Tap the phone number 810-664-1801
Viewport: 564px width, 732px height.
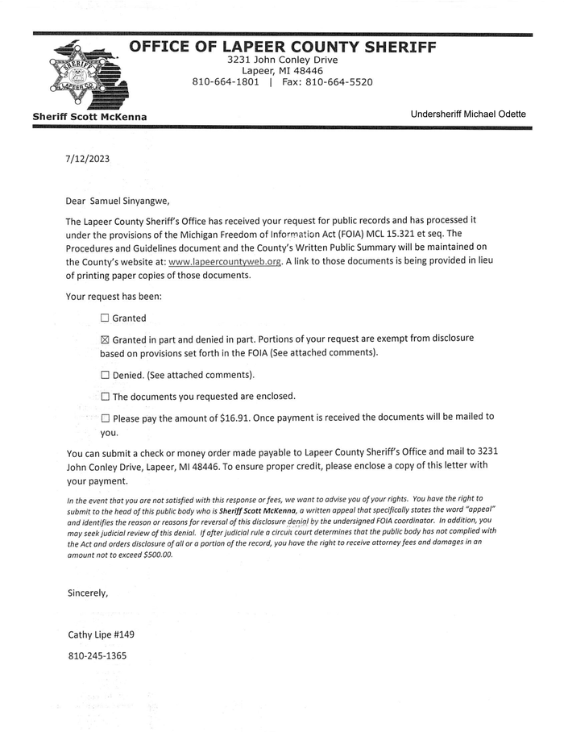pos(226,82)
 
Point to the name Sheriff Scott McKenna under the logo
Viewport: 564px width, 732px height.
pos(89,117)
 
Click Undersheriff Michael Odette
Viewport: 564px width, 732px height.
pos(468,114)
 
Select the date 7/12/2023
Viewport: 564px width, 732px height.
pos(88,159)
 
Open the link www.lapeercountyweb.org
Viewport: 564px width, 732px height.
pos(225,262)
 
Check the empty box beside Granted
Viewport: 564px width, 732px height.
pos(105,318)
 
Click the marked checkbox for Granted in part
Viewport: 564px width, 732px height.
pos(105,340)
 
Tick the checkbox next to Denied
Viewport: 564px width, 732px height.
pos(105,375)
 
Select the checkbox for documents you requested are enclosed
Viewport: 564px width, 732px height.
pos(105,397)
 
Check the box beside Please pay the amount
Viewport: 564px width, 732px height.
pos(105,418)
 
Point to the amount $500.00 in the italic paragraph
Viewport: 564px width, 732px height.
pos(156,555)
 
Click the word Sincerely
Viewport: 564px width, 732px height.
pos(88,593)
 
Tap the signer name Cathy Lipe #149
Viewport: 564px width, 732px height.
pos(101,634)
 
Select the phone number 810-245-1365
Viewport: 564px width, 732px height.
pos(97,655)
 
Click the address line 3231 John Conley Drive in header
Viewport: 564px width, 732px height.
pos(282,60)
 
